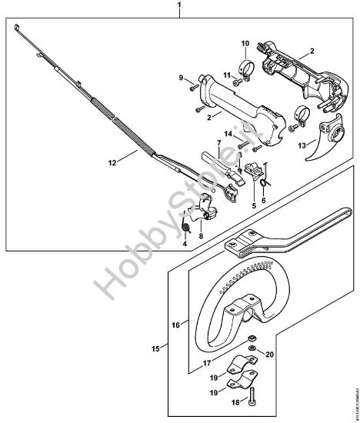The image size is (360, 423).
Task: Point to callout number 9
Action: point(182,78)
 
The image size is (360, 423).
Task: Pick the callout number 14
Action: point(227,134)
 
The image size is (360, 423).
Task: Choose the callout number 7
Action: point(218,143)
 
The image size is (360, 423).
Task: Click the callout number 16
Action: point(176,325)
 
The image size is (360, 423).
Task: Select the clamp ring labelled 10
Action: point(247,65)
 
